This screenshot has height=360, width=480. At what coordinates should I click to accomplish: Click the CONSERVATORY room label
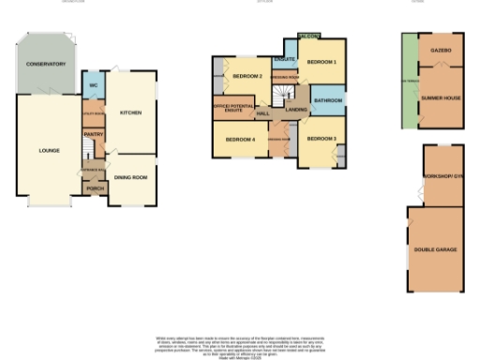[46, 64]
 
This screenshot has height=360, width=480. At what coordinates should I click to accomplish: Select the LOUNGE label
[49, 150]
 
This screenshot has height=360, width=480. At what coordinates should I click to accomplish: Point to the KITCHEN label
[130, 112]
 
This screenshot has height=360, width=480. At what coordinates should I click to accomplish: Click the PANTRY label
[93, 134]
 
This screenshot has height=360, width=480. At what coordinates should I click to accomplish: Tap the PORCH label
[95, 188]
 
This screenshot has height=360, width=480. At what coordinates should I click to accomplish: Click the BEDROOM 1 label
[322, 62]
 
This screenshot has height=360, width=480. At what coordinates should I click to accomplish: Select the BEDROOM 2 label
[247, 75]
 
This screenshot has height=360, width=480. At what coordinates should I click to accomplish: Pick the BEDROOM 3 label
[322, 139]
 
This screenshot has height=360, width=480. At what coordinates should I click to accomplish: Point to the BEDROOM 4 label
[240, 140]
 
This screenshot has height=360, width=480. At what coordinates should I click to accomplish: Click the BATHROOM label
[327, 99]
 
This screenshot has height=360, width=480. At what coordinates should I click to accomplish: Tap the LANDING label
[296, 111]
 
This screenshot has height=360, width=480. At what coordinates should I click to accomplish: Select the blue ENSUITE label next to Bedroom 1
[285, 60]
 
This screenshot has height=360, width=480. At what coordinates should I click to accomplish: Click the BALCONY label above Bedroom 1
[308, 36]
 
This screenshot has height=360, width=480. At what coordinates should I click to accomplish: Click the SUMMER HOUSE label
[440, 97]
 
